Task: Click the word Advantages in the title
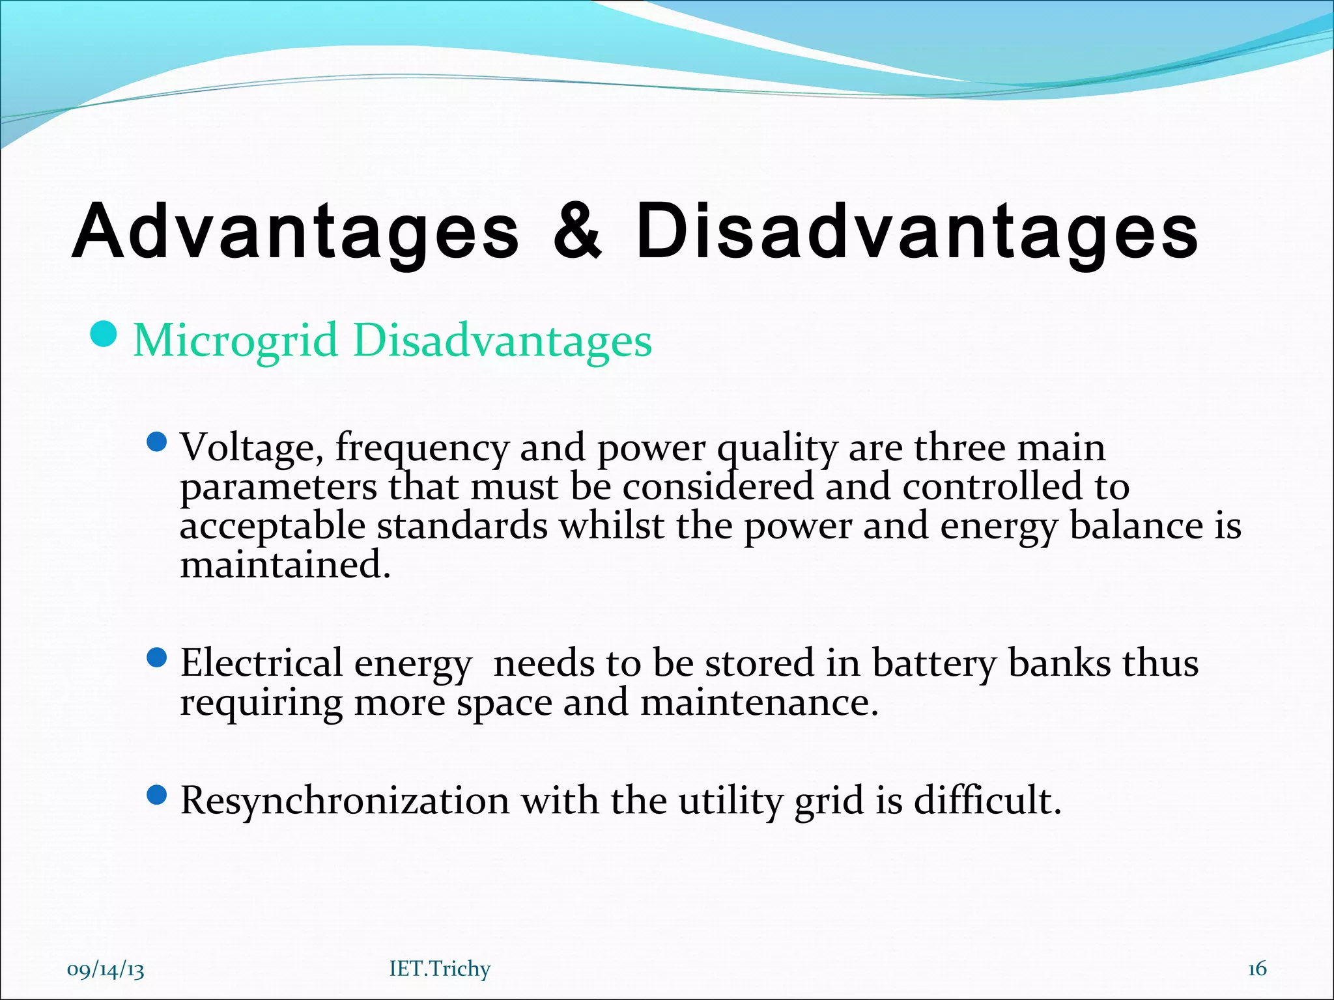tap(296, 232)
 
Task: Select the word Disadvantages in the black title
tap(916, 232)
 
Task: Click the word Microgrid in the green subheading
tap(236, 341)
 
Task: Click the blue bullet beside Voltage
tap(157, 443)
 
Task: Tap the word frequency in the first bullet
tap(421, 449)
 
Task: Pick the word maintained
tap(285, 564)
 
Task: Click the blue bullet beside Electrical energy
tap(157, 658)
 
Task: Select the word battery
tap(933, 665)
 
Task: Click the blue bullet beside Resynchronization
tap(157, 794)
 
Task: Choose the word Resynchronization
tap(345, 801)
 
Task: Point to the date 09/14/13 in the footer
tap(106, 970)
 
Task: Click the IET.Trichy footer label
tap(440, 969)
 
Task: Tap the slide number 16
tap(1256, 969)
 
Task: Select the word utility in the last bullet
tap(730, 801)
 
